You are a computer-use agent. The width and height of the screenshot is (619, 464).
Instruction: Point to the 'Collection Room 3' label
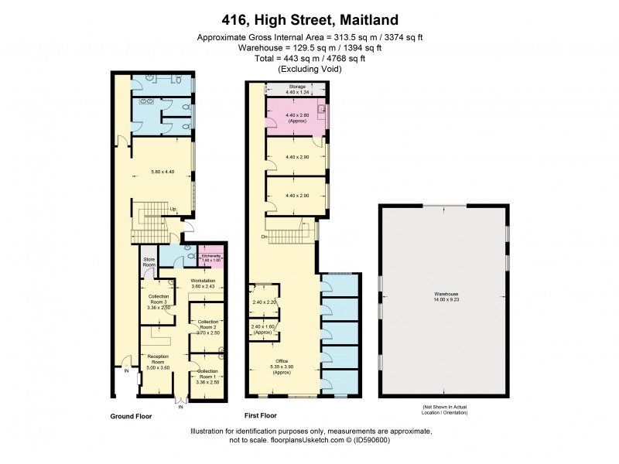click(x=158, y=301)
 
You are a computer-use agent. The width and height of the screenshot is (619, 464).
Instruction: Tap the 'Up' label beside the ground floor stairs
click(x=173, y=210)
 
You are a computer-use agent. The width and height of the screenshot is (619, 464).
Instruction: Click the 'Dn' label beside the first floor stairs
click(x=264, y=237)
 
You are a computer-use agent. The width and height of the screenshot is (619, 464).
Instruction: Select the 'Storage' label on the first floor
click(x=297, y=87)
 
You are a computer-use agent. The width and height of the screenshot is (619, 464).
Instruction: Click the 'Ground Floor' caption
click(x=132, y=416)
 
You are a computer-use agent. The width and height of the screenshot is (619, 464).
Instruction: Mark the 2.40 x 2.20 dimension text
click(x=264, y=302)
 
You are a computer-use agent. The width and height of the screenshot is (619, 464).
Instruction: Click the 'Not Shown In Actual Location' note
click(x=446, y=409)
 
